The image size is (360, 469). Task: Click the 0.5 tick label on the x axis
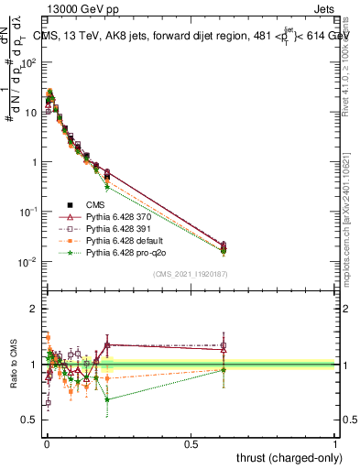point(191,443)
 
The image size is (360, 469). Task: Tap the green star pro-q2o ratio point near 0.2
point(107,399)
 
